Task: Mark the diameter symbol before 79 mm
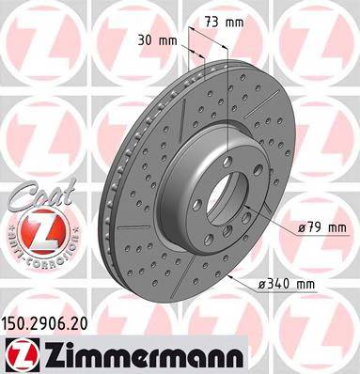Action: (x=303, y=226)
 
